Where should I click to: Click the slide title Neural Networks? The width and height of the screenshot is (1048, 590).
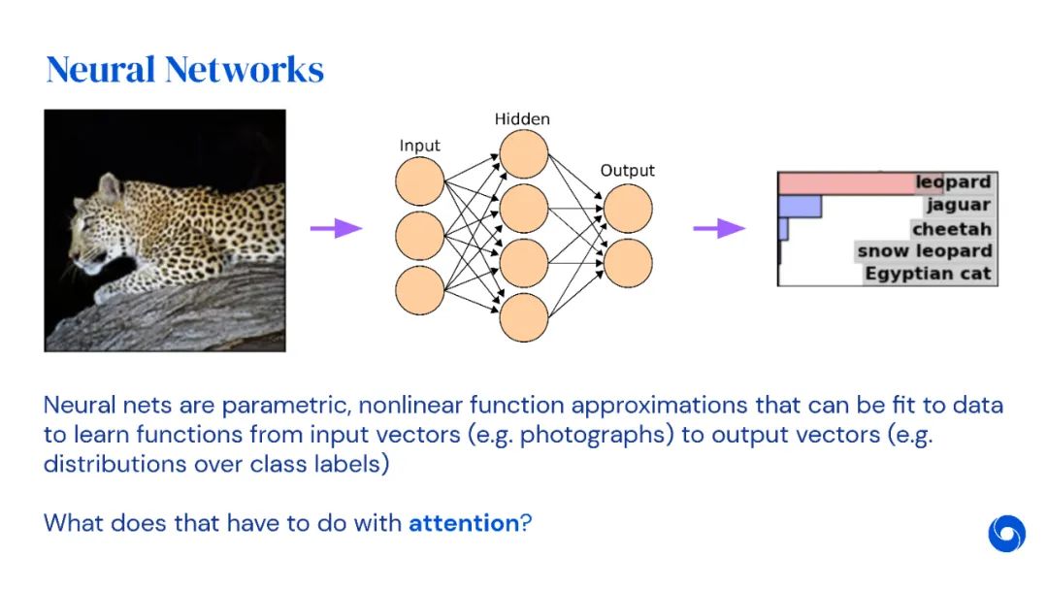coord(184,70)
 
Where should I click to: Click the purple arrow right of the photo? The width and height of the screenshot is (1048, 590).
coord(335,228)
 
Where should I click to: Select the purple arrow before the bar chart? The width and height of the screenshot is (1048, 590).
coord(718,228)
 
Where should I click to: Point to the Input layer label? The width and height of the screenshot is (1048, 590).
coord(419,146)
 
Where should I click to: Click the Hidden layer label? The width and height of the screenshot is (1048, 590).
coord(522,119)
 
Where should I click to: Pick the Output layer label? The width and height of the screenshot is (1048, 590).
coord(627,171)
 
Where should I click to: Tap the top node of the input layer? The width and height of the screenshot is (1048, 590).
coord(419,180)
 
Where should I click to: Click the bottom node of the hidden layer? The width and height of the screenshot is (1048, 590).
coord(524,317)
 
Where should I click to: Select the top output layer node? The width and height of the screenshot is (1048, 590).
coord(628,208)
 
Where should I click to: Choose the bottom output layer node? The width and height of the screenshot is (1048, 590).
coord(628,262)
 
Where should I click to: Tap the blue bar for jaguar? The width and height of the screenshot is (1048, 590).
coord(801,206)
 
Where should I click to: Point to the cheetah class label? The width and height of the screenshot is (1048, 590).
coord(951,230)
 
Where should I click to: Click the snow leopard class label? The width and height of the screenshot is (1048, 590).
coord(925,251)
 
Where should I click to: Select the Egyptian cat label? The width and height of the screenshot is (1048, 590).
coord(929,274)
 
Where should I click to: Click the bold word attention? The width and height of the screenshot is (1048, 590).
coord(464,523)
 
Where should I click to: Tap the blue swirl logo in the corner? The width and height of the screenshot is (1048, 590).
coord(1006,534)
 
